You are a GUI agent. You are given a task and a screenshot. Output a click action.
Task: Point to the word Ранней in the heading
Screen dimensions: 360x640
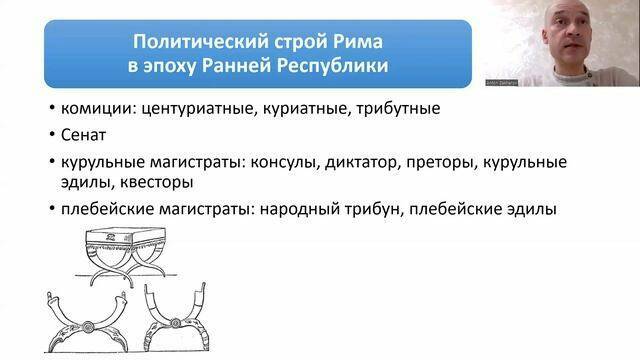[x=246, y=69]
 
